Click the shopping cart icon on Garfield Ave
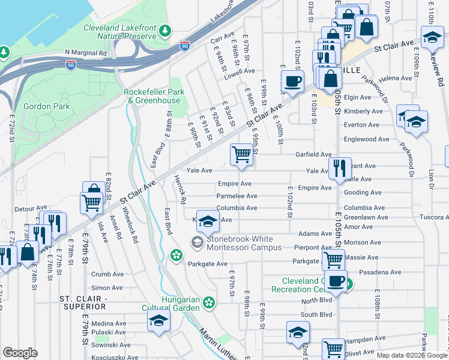(241, 154)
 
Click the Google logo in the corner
(20, 353)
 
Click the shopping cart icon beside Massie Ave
(333, 260)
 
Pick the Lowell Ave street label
(240, 77)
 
